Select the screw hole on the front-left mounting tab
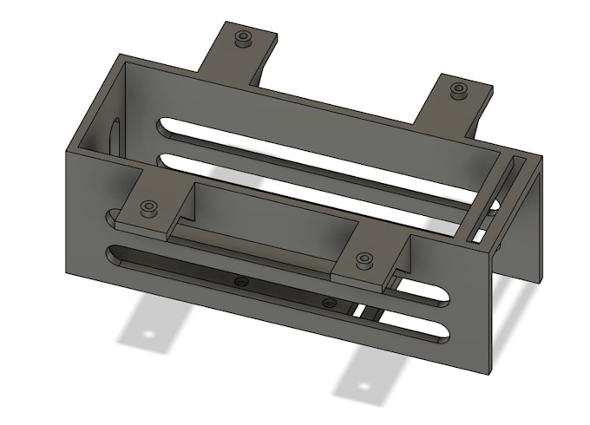(149, 207)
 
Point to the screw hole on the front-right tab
(364, 259)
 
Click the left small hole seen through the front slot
(241, 282)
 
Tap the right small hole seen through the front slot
(328, 302)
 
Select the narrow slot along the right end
(490, 199)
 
